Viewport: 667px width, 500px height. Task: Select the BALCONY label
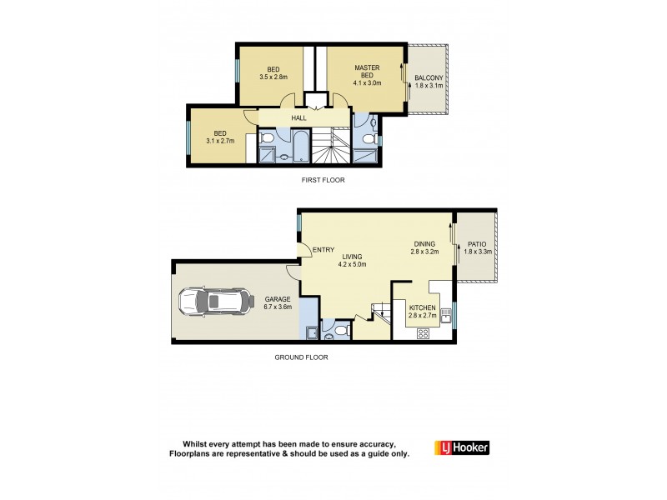(429, 78)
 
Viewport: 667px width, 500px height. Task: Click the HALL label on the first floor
(298, 118)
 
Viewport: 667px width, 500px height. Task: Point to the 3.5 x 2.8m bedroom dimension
(273, 77)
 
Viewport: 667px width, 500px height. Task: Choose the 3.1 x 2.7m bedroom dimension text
(220, 141)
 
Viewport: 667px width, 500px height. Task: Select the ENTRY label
(323, 250)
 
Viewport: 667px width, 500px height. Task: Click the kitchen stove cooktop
(422, 333)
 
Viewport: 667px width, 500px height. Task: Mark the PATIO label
(477, 243)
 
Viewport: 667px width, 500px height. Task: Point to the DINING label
(424, 244)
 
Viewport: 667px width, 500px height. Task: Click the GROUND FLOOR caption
(301, 357)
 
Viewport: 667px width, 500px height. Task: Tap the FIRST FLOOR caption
(323, 180)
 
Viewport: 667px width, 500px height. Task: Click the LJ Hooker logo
(461, 448)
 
